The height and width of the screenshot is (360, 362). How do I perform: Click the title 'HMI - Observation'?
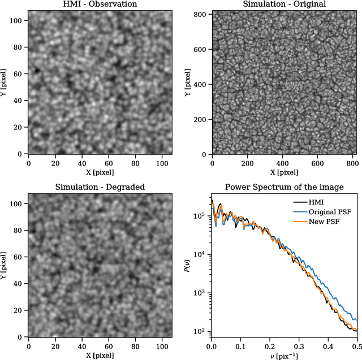tap(99, 5)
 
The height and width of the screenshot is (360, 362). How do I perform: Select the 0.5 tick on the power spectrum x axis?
tap(357, 345)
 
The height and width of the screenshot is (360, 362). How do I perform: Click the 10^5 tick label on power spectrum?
tap(200, 216)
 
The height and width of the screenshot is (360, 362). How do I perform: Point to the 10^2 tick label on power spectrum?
tap(200, 331)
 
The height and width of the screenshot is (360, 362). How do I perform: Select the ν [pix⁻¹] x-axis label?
tap(283, 355)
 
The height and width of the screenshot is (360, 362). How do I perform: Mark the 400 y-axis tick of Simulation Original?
tap(202, 85)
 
